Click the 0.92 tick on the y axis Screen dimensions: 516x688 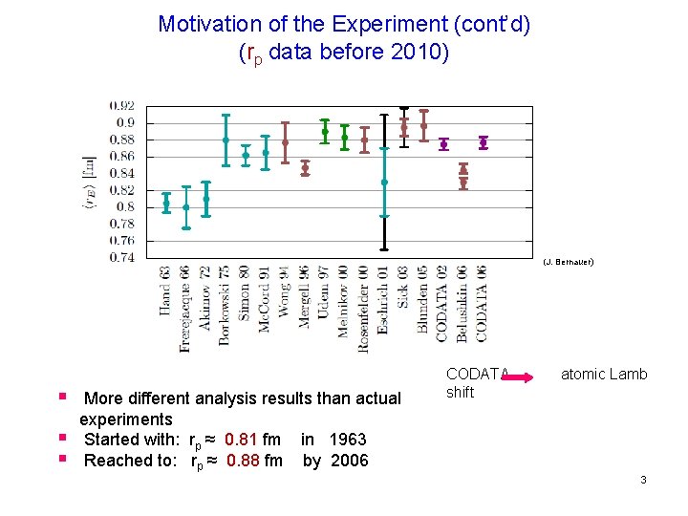[121, 105]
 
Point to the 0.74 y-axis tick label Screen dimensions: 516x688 [121, 257]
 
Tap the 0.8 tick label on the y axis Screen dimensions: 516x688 [127, 206]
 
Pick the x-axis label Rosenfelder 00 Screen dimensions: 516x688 [364, 309]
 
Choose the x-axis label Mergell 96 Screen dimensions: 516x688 [305, 296]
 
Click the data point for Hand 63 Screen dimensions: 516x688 [166, 203]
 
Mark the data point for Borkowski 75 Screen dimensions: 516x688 [226, 140]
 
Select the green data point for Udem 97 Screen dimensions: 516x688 [325, 132]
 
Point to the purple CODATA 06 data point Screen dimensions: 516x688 [483, 142]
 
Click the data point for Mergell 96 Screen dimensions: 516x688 [305, 168]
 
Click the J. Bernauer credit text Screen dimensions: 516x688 [568, 261]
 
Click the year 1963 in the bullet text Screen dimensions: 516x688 [348, 440]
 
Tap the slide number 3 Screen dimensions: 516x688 [643, 480]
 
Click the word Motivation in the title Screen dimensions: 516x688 [206, 23]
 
